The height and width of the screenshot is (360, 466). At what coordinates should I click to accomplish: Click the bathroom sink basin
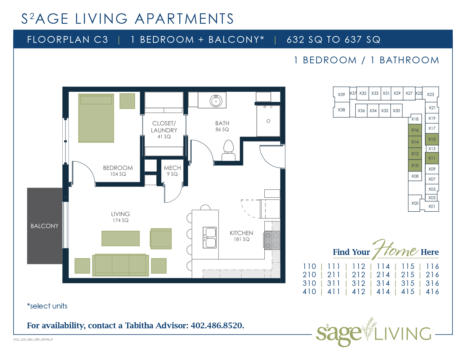point(216,100)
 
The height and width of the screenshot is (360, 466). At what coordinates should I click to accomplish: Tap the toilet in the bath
point(228,150)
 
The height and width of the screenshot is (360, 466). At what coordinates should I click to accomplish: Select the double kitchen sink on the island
point(210,238)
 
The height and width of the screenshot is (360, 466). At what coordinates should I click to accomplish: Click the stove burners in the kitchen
point(272,240)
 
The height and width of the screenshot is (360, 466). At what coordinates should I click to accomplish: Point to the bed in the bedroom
point(96,118)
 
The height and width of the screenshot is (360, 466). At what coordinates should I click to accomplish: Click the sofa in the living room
point(121,265)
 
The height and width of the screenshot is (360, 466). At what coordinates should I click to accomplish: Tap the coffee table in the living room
point(121,238)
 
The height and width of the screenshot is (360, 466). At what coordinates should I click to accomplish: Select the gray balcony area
point(45,226)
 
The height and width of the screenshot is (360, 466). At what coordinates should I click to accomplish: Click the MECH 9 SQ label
point(172,171)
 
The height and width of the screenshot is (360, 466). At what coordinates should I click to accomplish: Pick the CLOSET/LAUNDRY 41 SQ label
point(164,130)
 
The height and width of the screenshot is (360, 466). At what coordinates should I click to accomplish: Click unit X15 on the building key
point(432,139)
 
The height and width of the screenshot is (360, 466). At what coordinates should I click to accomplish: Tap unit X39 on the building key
point(341,94)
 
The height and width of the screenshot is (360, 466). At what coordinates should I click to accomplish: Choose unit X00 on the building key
point(415,203)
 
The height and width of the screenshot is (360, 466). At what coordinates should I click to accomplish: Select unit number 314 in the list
point(383,283)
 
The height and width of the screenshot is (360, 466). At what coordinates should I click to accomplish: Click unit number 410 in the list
point(309,292)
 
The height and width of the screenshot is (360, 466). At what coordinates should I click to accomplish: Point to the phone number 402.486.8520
point(217,325)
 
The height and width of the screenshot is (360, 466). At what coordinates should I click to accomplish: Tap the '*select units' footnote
point(47,306)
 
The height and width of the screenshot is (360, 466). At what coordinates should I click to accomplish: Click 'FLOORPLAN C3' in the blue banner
point(68,40)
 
